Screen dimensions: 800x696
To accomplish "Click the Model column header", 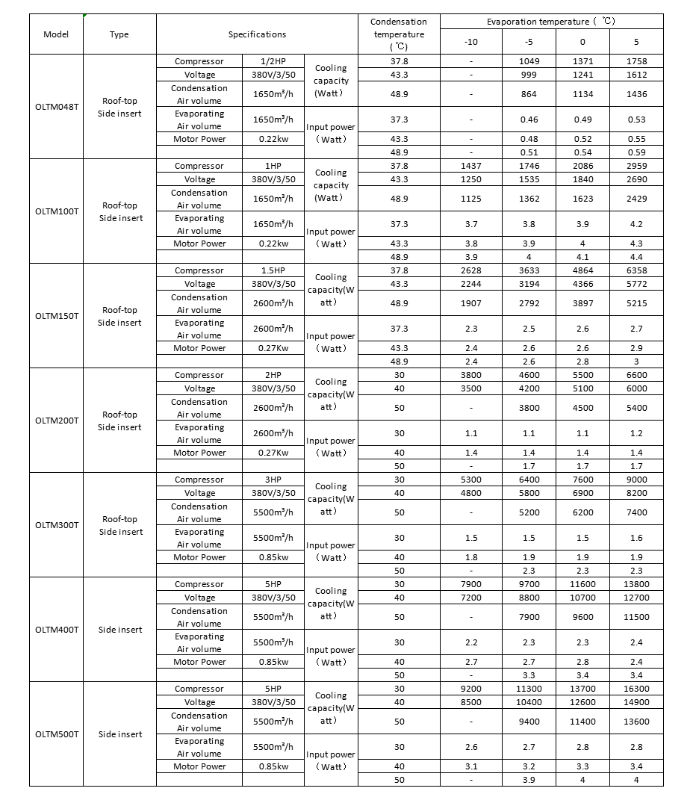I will coord(56,34).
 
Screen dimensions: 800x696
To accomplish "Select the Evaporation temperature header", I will coord(551,22).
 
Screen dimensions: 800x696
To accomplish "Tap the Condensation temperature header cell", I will coord(399,34).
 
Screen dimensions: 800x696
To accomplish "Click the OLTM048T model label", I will coord(56,107).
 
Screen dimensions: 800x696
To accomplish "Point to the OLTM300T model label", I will coord(56,525).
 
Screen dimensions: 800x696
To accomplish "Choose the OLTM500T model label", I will coord(56,734).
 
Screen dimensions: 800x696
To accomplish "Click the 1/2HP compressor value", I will coord(273,61).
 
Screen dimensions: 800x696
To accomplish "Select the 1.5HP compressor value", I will coord(273,270).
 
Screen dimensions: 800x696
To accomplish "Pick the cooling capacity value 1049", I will coord(529,61).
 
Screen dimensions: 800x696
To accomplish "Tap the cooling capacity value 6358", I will coord(636,270).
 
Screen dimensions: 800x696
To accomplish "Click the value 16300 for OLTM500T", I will coord(636,689).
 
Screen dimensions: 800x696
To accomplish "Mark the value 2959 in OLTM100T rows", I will coord(636,166).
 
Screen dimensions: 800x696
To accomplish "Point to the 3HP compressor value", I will coord(273,480).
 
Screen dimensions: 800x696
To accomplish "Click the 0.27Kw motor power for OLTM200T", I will coord(273,453).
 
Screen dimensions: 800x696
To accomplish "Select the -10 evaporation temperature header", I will coord(470,42).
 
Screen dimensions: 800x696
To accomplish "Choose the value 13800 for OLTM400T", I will coord(636,584).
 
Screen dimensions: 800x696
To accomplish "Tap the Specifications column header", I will coord(257,34).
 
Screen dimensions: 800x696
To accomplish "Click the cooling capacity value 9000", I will coord(636,480).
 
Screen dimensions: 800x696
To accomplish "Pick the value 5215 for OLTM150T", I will coord(636,303).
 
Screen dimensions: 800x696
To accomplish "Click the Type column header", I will coord(119,34).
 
